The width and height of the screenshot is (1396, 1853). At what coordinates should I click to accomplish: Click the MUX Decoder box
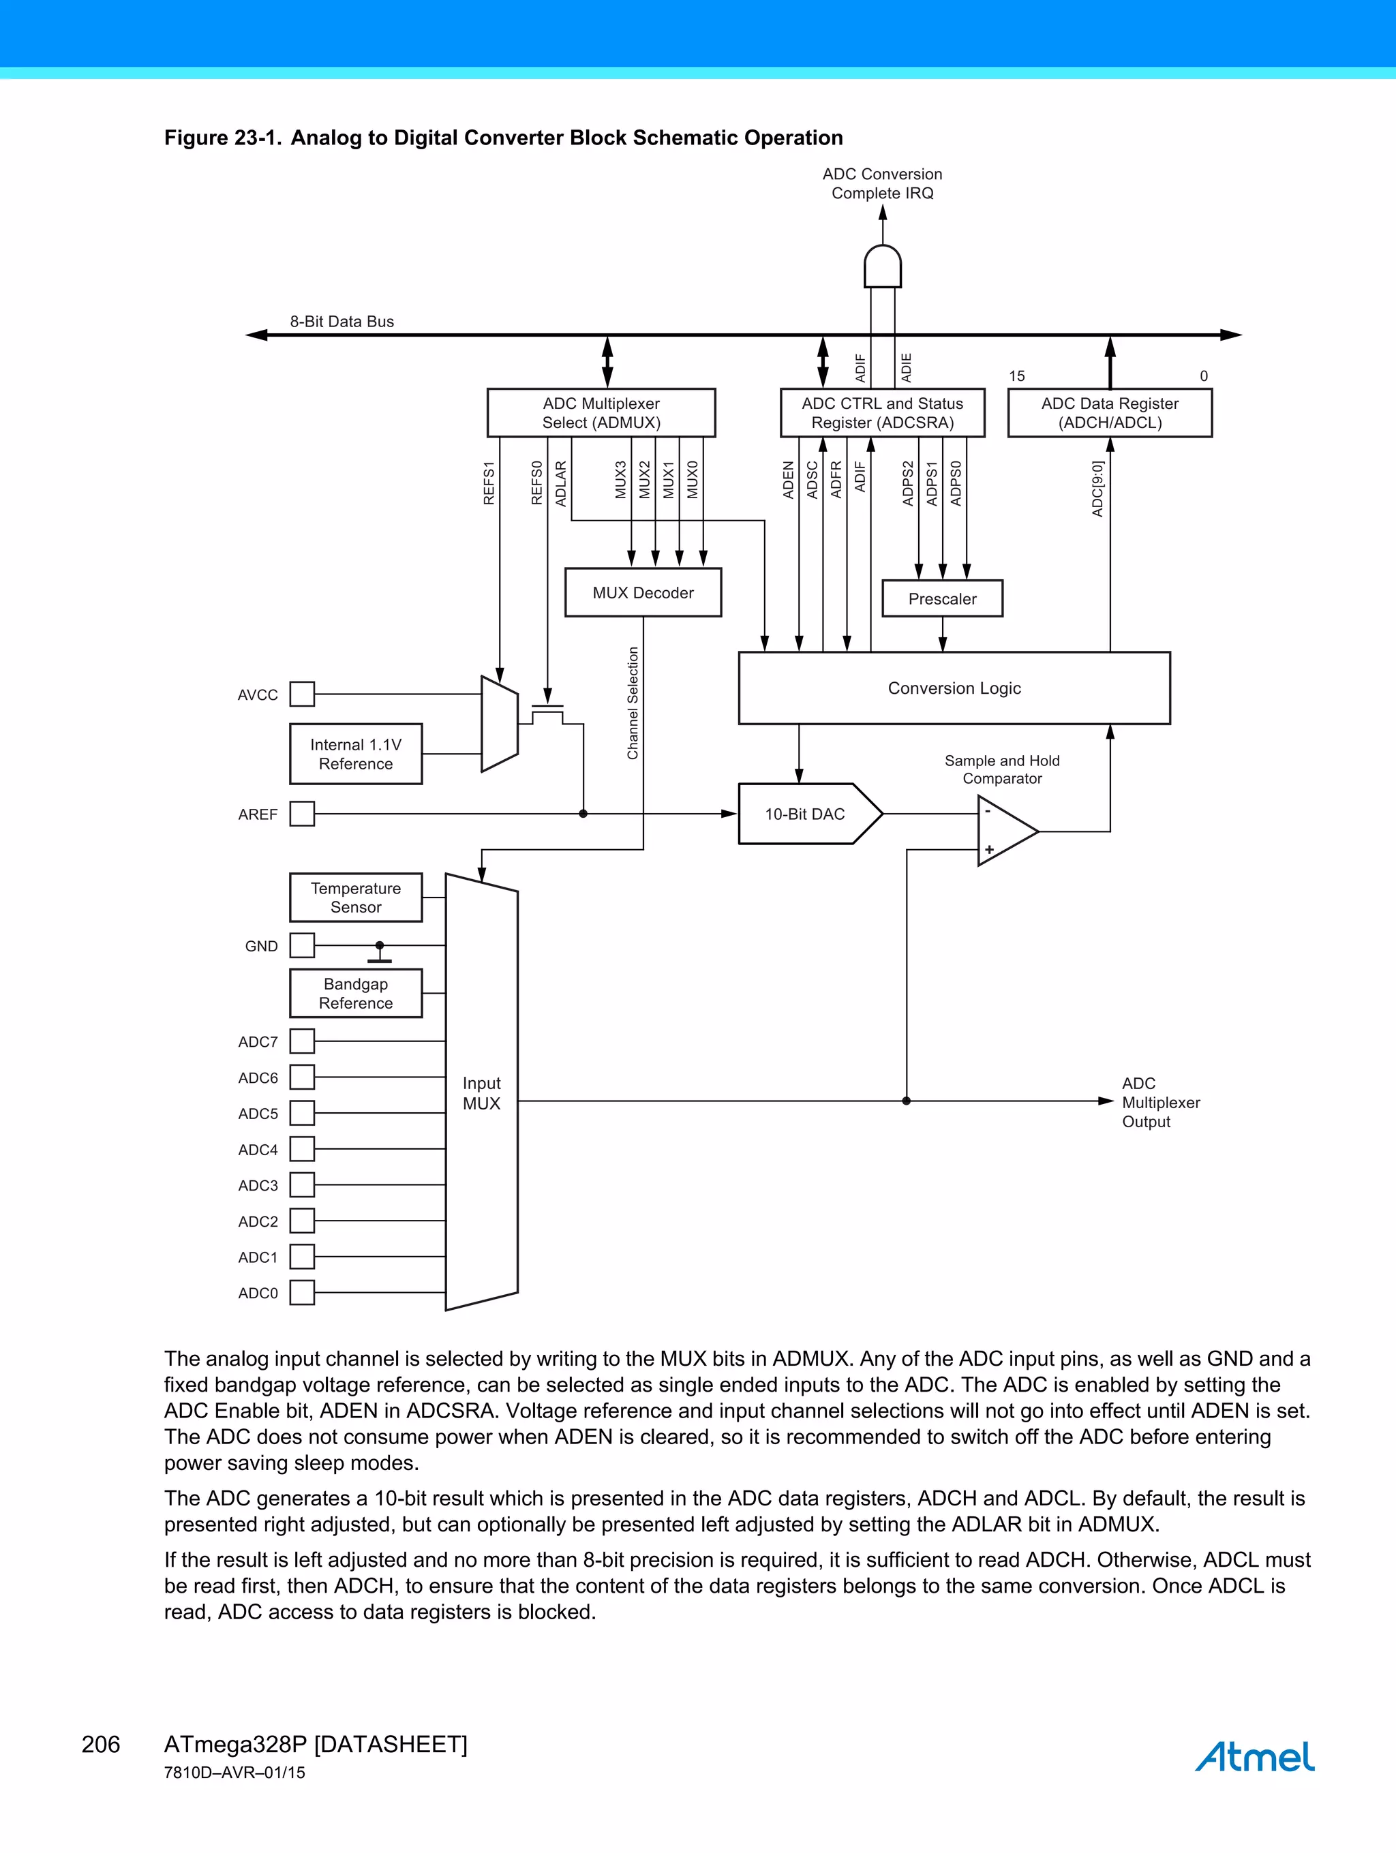pos(643,592)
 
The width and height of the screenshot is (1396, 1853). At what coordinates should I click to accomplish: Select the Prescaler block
pos(942,598)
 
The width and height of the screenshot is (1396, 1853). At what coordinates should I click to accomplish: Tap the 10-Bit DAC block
pos(804,814)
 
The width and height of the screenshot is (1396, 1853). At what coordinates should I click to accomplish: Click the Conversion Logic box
pos(954,688)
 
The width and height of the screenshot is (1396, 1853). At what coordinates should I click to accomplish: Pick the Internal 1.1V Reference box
pos(355,754)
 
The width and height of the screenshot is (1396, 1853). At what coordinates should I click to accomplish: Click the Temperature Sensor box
pos(355,897)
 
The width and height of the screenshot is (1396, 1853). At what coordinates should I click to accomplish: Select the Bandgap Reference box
pos(355,994)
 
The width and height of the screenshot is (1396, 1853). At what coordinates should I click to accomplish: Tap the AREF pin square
pos(302,814)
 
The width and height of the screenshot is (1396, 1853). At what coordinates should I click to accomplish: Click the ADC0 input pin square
pos(302,1293)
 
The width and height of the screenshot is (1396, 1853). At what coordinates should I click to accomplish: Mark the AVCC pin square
pos(302,694)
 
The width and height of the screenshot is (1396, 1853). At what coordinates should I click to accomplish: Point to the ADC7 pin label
pos(257,1042)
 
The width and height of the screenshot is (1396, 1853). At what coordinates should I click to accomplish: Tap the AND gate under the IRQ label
pos(882,266)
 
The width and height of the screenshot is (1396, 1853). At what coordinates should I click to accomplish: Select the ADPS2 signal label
pos(907,483)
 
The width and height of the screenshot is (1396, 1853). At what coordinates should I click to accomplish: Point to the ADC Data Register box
pos(1110,412)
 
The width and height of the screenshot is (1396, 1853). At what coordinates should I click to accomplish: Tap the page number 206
pos(101,1744)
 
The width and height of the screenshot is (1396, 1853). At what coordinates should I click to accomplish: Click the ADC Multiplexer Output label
pos(1161,1103)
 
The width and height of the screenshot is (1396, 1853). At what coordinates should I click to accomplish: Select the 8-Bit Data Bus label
pos(342,322)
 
